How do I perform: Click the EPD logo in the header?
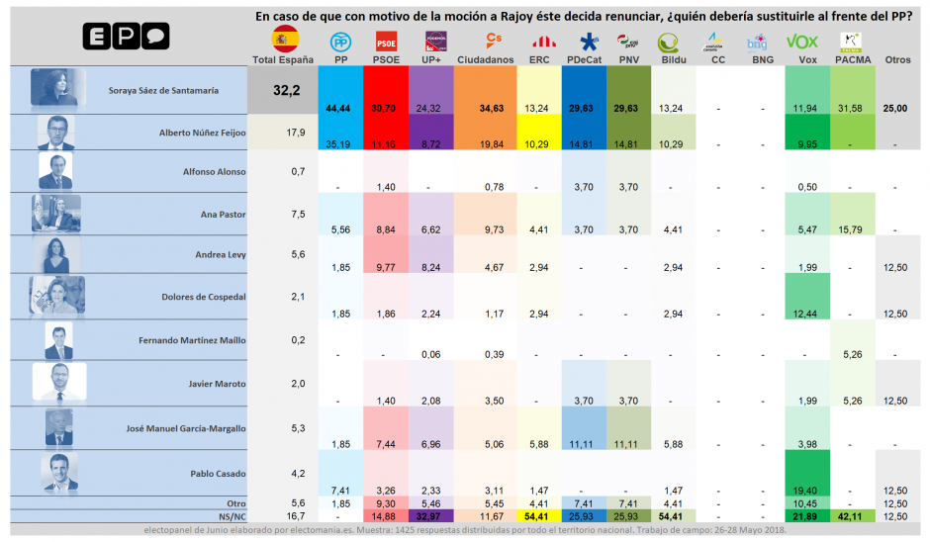coord(125,38)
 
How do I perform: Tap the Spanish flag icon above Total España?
coord(285,40)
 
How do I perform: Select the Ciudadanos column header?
coord(485,60)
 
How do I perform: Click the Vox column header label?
coord(800,60)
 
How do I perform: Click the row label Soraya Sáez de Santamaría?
coord(164,91)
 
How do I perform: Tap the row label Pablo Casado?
coord(196,473)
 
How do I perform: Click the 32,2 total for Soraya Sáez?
coord(285,91)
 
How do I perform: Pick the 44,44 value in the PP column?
coord(338,107)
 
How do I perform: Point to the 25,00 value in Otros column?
coord(896,107)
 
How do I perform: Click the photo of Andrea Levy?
coord(55,254)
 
